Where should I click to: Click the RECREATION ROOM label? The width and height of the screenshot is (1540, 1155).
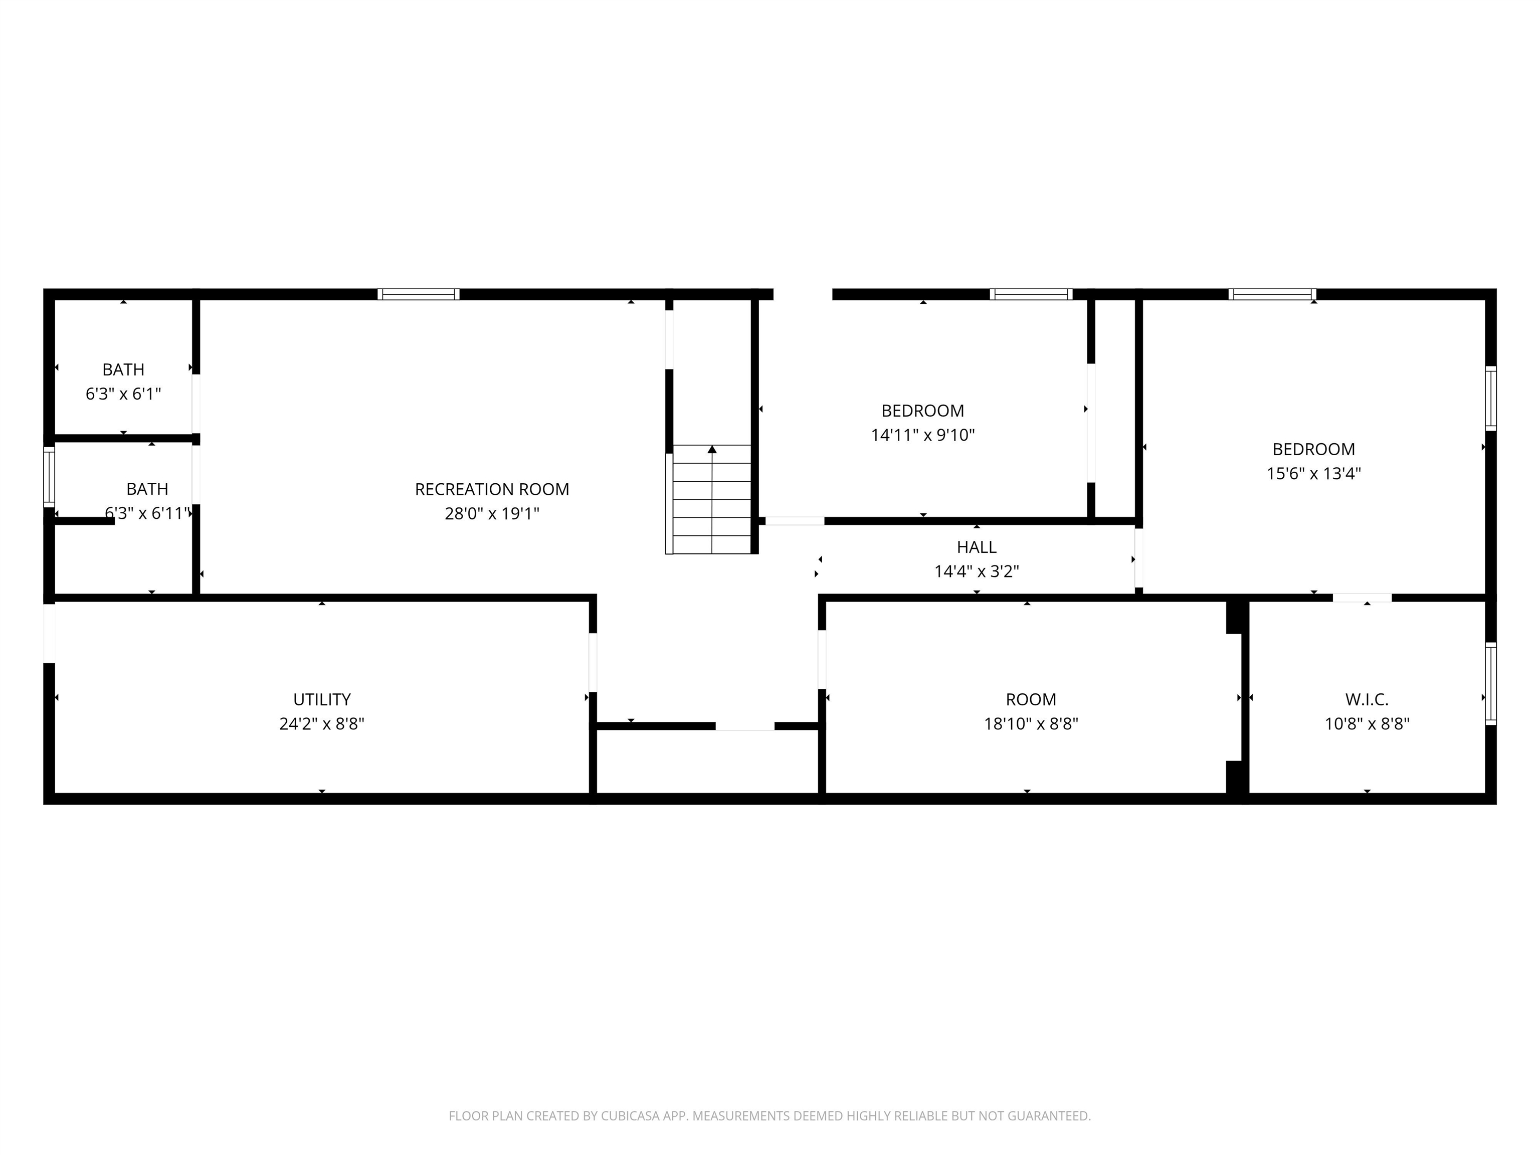492,489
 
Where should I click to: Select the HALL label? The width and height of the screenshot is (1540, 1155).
976,547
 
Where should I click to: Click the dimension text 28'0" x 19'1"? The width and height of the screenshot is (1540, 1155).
492,514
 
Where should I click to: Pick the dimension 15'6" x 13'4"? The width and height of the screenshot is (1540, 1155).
1314,473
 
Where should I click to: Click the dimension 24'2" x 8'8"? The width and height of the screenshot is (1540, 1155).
322,724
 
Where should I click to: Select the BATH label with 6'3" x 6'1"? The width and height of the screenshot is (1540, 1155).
123,369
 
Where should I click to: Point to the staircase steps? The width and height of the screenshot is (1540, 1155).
711,499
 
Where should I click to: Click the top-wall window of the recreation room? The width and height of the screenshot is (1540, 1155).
419,294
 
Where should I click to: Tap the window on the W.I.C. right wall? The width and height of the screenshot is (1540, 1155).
1490,684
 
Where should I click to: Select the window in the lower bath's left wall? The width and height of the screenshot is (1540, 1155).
49,477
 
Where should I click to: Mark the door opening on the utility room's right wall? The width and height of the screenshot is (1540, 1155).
593,662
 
